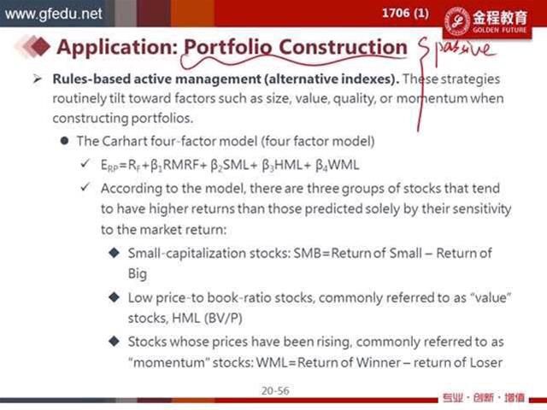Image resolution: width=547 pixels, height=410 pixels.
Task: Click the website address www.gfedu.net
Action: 53,14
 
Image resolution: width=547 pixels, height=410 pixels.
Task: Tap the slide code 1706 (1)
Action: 405,14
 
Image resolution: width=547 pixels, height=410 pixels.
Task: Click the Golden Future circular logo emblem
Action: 457,21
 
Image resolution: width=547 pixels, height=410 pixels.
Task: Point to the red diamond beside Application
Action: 39,46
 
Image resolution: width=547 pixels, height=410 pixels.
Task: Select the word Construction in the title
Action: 343,47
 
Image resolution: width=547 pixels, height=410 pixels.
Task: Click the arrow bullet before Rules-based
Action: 37,79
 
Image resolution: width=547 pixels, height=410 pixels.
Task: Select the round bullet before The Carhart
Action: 64,141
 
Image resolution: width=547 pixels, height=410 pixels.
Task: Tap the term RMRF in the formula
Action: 180,165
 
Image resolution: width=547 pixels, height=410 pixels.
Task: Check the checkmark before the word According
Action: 85,187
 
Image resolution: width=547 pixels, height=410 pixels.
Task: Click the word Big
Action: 137,273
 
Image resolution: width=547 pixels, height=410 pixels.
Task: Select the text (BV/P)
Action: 223,319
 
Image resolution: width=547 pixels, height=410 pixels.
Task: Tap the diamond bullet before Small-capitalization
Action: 114,253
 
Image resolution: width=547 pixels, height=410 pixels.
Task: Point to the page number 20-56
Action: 275,390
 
